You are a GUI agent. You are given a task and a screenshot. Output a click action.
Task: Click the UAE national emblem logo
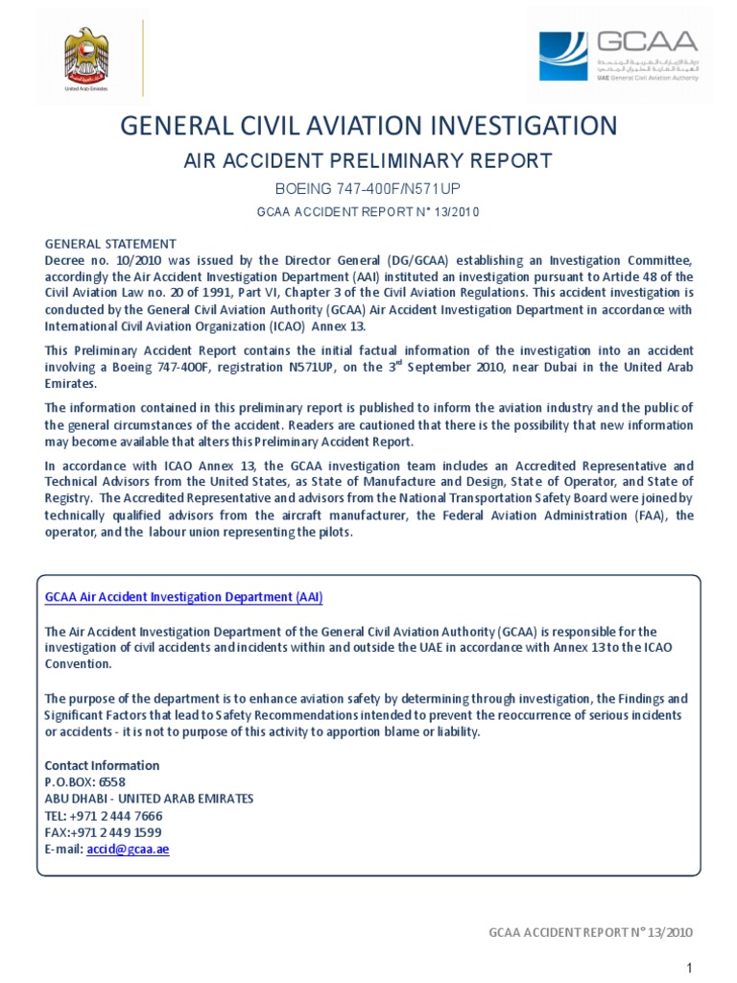pyautogui.click(x=86, y=59)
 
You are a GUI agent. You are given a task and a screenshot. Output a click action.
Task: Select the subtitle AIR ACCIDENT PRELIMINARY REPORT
pyautogui.click(x=368, y=160)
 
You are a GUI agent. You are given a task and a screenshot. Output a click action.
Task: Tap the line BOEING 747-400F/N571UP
pyautogui.click(x=368, y=188)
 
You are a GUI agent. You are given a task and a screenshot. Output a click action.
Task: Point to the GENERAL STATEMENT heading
pyautogui.click(x=110, y=244)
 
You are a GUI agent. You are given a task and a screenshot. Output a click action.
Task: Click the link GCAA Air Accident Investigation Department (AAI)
pyautogui.click(x=184, y=597)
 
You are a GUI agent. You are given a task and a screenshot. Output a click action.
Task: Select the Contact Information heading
pyautogui.click(x=103, y=765)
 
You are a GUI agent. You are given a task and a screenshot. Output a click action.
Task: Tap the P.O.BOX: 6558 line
pyautogui.click(x=85, y=781)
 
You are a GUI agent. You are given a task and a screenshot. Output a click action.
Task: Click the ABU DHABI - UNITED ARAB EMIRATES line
pyautogui.click(x=150, y=799)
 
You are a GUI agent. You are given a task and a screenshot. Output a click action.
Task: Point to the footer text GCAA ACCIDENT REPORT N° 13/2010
pyautogui.click(x=590, y=932)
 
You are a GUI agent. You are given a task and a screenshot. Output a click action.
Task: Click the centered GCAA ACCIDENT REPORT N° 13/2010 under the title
pyautogui.click(x=368, y=212)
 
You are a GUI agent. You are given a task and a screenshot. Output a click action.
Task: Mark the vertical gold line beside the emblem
pyautogui.click(x=143, y=58)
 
